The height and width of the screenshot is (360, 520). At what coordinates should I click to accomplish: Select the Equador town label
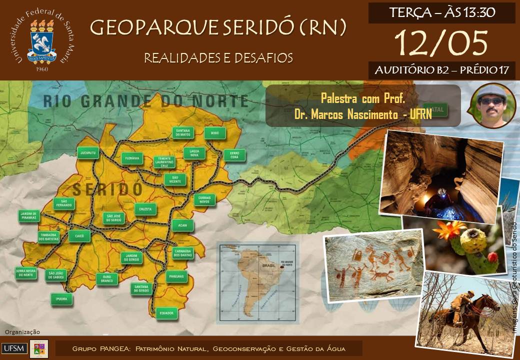pos(166,313)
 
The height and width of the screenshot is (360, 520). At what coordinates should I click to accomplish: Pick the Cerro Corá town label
pos(234,155)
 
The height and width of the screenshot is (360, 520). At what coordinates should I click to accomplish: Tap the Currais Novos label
pos(205,200)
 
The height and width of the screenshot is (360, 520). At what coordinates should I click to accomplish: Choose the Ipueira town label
pos(61,299)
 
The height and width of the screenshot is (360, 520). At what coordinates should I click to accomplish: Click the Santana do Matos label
pos(183,132)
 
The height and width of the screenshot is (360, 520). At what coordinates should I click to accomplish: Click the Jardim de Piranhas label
pos(29,216)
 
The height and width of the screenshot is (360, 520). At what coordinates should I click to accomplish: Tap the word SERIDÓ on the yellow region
pos(107,189)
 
